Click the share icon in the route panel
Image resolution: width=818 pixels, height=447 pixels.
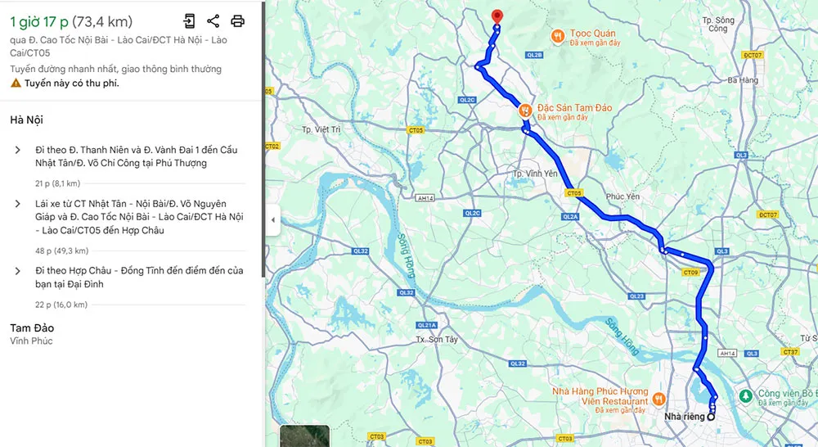point(213,21)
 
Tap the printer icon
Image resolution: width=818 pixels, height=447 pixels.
point(237,21)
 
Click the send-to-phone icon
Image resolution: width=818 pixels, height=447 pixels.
point(189,21)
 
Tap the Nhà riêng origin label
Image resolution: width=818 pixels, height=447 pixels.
point(684,417)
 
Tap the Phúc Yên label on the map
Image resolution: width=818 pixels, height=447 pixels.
point(622,196)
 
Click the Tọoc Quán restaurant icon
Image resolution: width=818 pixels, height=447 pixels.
point(557,35)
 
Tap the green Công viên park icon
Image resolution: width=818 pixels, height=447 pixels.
point(745,396)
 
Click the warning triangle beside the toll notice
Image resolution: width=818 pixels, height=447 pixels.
point(16,84)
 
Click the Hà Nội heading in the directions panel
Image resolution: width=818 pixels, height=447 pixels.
point(27,120)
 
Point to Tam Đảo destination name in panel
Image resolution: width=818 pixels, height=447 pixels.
point(32,327)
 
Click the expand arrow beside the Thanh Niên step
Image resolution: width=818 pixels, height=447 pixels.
point(18,150)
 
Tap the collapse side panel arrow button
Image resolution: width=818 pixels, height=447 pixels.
point(272,219)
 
